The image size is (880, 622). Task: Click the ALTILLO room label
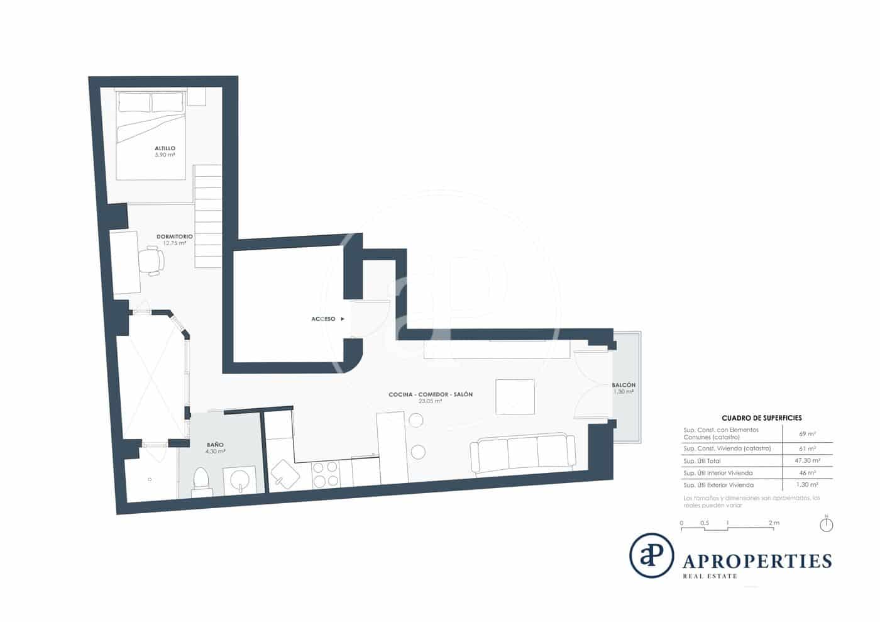tap(165, 148)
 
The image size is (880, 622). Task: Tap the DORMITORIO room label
tap(174, 236)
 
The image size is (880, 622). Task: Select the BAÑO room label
tap(215, 445)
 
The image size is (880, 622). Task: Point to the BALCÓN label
tap(624, 385)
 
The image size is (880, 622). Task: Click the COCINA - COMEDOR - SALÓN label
tap(430, 394)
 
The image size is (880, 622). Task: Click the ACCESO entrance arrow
tap(343, 319)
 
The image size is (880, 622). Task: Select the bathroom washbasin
tap(240, 482)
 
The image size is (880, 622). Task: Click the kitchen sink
tap(286, 473)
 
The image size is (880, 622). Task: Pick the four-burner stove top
tap(326, 474)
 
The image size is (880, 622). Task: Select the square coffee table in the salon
tap(515, 396)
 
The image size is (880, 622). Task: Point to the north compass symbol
tap(827, 524)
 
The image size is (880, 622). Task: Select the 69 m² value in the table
tap(807, 433)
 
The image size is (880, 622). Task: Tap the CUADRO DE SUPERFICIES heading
tap(761, 418)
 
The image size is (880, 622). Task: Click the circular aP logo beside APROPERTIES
tap(652, 555)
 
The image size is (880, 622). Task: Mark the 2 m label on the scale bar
tap(774, 523)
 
